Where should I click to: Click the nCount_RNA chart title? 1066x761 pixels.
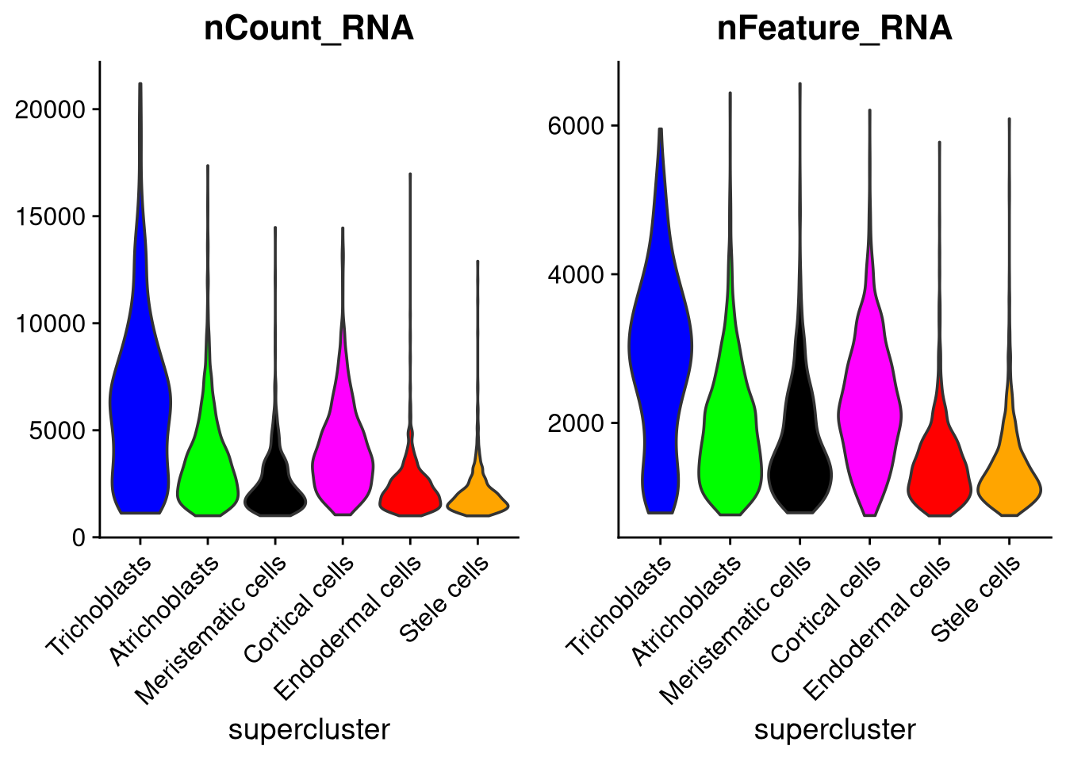pyautogui.click(x=309, y=29)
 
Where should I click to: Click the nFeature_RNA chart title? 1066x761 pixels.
pyautogui.click(x=834, y=29)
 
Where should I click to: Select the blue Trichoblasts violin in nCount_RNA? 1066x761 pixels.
pyautogui.click(x=140, y=412)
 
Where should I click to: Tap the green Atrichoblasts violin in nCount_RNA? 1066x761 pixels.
pyautogui.click(x=207, y=476)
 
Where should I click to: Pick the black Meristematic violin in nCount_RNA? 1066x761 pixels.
pyautogui.click(x=275, y=491)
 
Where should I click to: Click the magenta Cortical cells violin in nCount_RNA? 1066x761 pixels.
pyautogui.click(x=342, y=460)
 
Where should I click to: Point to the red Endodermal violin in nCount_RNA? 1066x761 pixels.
pyautogui.click(x=409, y=495)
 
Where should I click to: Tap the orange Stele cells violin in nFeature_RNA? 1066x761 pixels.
pyautogui.click(x=1009, y=484)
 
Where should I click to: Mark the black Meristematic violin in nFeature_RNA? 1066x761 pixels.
pyautogui.click(x=799, y=468)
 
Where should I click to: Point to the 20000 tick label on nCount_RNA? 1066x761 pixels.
pyautogui.click(x=50, y=110)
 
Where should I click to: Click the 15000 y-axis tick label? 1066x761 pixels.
pyautogui.click(x=50, y=217)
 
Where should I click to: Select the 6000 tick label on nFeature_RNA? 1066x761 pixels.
pyautogui.click(x=576, y=126)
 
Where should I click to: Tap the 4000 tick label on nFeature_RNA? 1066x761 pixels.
pyautogui.click(x=576, y=275)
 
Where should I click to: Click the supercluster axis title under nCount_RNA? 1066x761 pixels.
pyautogui.click(x=309, y=729)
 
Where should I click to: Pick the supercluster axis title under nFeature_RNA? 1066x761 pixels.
pyautogui.click(x=834, y=729)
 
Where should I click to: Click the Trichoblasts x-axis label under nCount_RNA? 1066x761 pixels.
pyautogui.click(x=99, y=607)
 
